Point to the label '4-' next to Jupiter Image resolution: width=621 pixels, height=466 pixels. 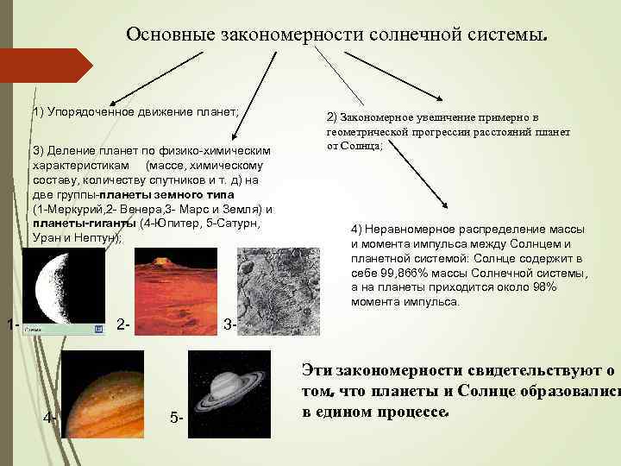point(51,418)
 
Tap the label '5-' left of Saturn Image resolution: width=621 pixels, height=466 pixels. point(177,419)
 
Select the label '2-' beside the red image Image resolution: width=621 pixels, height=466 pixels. point(122,324)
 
